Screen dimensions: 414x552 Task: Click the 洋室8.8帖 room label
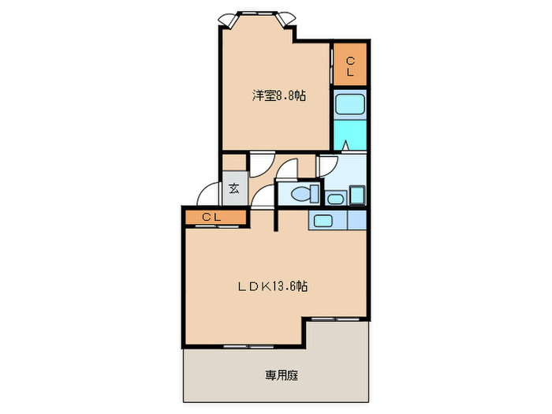279,95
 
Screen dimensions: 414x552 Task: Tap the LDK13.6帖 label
274,287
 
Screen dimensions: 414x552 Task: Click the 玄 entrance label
234,189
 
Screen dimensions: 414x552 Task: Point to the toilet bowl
302,194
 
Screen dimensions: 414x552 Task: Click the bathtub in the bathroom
347,106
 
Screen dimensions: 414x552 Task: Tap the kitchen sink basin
323,219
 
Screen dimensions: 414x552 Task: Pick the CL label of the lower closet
210,216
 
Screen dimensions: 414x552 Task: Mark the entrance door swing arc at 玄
208,193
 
